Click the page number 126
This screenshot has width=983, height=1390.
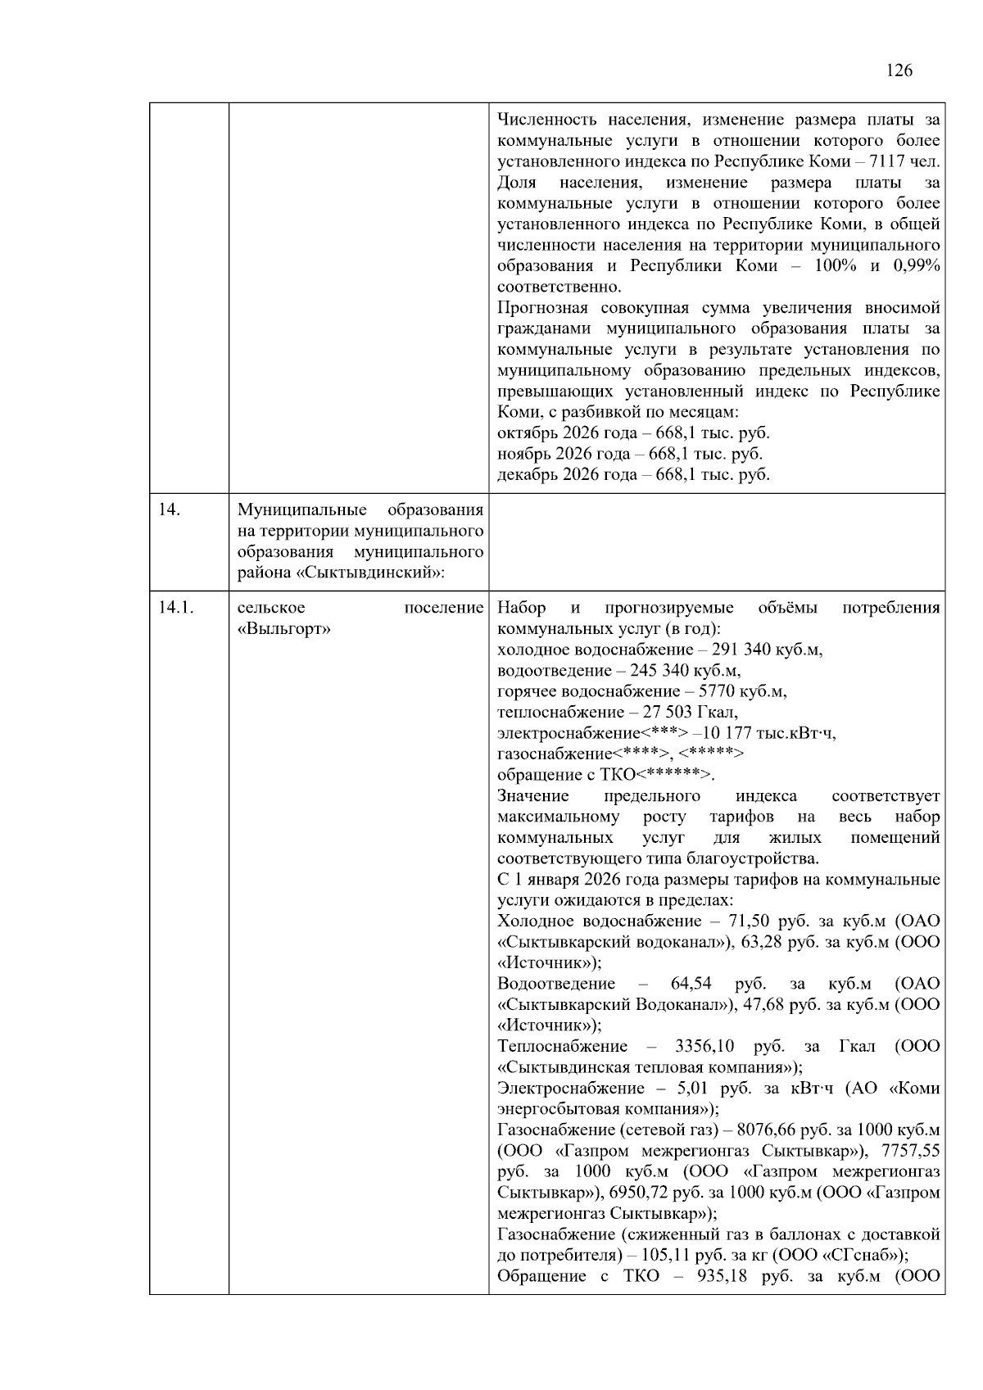899,70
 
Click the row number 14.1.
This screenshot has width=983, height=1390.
175,608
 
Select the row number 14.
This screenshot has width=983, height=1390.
169,510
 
